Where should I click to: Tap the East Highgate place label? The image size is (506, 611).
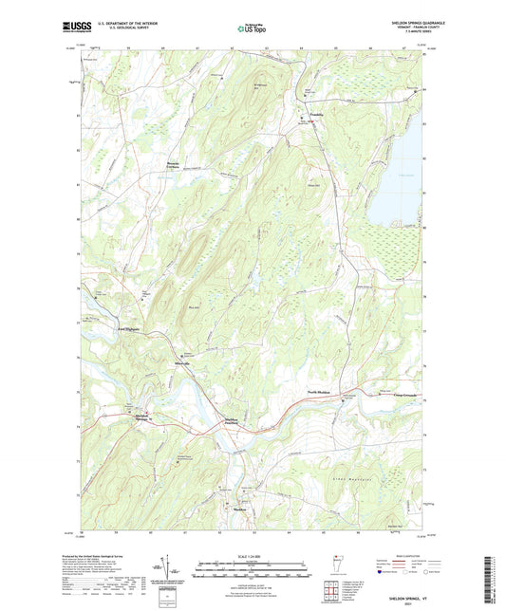pyautogui.click(x=133, y=328)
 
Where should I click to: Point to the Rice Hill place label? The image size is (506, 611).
pyautogui.click(x=196, y=307)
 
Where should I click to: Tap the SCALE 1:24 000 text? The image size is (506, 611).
pyautogui.click(x=253, y=549)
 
